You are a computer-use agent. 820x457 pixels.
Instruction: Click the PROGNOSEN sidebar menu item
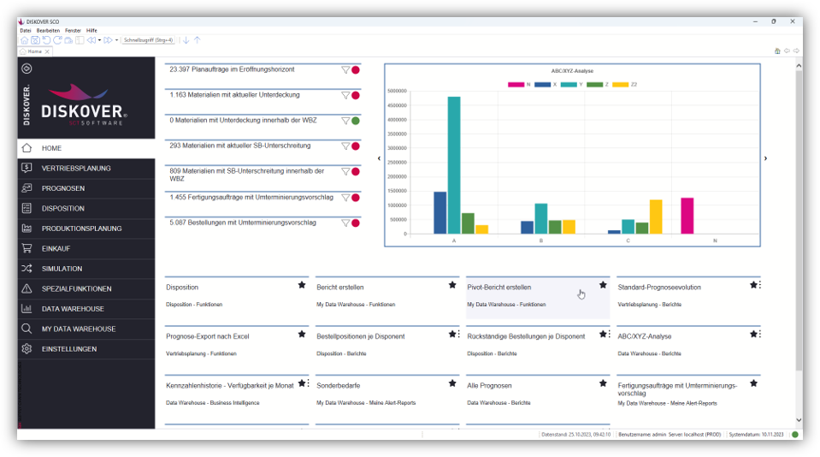click(63, 188)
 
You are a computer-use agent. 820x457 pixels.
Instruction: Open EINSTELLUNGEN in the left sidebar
click(69, 349)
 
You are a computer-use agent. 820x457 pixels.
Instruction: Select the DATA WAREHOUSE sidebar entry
click(73, 309)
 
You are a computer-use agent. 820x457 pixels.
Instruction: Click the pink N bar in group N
click(687, 215)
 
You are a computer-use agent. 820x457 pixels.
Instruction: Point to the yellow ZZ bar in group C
click(656, 217)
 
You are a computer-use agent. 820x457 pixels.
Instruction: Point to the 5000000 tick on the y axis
click(396, 91)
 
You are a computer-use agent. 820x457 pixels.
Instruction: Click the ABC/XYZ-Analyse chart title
click(572, 71)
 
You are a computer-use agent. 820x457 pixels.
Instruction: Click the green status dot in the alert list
click(356, 121)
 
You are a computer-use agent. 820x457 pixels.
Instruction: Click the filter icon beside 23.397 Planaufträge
click(345, 70)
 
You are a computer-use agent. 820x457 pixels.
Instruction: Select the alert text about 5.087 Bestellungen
click(243, 223)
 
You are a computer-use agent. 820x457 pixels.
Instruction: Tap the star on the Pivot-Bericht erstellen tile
click(603, 285)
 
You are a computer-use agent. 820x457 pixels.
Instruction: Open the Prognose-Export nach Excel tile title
click(208, 336)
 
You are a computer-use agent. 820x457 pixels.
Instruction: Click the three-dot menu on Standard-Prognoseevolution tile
click(760, 285)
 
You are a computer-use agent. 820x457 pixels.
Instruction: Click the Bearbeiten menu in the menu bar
click(48, 30)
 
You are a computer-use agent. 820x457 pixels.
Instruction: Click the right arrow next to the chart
click(765, 158)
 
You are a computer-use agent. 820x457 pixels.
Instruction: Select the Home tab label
click(34, 51)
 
